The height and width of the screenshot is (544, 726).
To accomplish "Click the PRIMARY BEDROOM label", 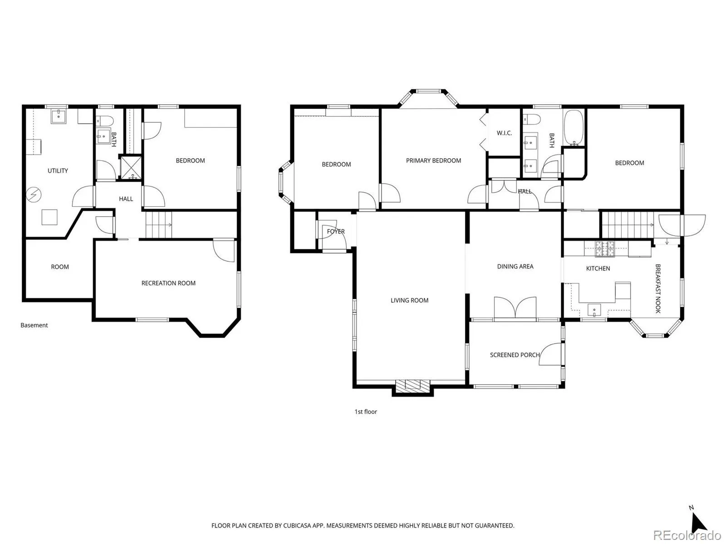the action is tap(433, 160).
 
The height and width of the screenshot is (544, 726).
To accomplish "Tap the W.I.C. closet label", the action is tap(504, 133).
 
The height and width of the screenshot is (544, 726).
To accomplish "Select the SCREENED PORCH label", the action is tap(515, 355).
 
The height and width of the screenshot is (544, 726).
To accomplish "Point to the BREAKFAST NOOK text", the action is tap(658, 288).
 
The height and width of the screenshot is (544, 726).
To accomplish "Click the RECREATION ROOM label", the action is tap(168, 283).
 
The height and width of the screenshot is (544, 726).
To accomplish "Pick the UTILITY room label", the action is tap(58, 171).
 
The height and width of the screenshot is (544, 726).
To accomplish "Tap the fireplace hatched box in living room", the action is tap(412, 385).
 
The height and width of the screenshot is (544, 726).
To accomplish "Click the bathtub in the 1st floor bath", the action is tap(574, 128).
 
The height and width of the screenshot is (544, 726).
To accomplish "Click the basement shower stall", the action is tap(131, 168).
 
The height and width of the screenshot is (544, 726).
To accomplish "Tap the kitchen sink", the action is tap(594, 310).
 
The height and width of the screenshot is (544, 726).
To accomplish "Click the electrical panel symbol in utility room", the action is tap(34, 194).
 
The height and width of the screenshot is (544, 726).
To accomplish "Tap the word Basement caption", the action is tap(34, 325).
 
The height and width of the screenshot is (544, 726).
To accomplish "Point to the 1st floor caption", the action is tap(365, 412).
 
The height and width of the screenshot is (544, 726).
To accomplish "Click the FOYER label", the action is tap(336, 232).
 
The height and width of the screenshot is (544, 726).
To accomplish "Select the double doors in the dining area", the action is tap(515, 308).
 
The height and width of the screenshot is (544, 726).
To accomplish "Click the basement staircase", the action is tap(159, 224).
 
